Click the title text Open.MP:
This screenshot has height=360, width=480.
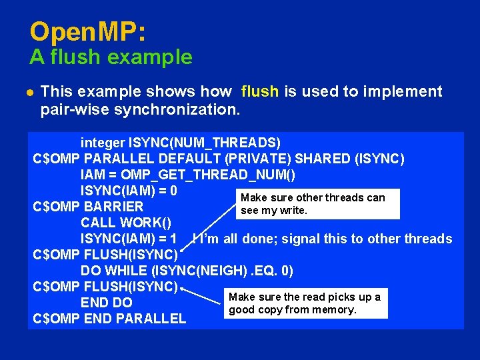[88, 32]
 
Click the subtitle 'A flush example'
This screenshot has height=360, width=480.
[111, 57]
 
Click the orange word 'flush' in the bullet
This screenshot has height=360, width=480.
[260, 91]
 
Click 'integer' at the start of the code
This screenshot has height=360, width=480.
[103, 143]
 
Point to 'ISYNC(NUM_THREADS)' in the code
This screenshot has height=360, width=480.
[205, 143]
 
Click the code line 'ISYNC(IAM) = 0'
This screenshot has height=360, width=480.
[129, 191]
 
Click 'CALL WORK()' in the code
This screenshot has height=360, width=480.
[126, 223]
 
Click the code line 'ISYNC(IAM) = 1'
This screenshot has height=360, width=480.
[129, 239]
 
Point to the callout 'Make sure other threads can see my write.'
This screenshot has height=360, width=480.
[313, 204]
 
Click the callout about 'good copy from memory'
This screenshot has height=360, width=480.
[304, 303]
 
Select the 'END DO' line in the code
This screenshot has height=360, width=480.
[107, 303]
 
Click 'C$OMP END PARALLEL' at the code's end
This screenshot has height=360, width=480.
[110, 319]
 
